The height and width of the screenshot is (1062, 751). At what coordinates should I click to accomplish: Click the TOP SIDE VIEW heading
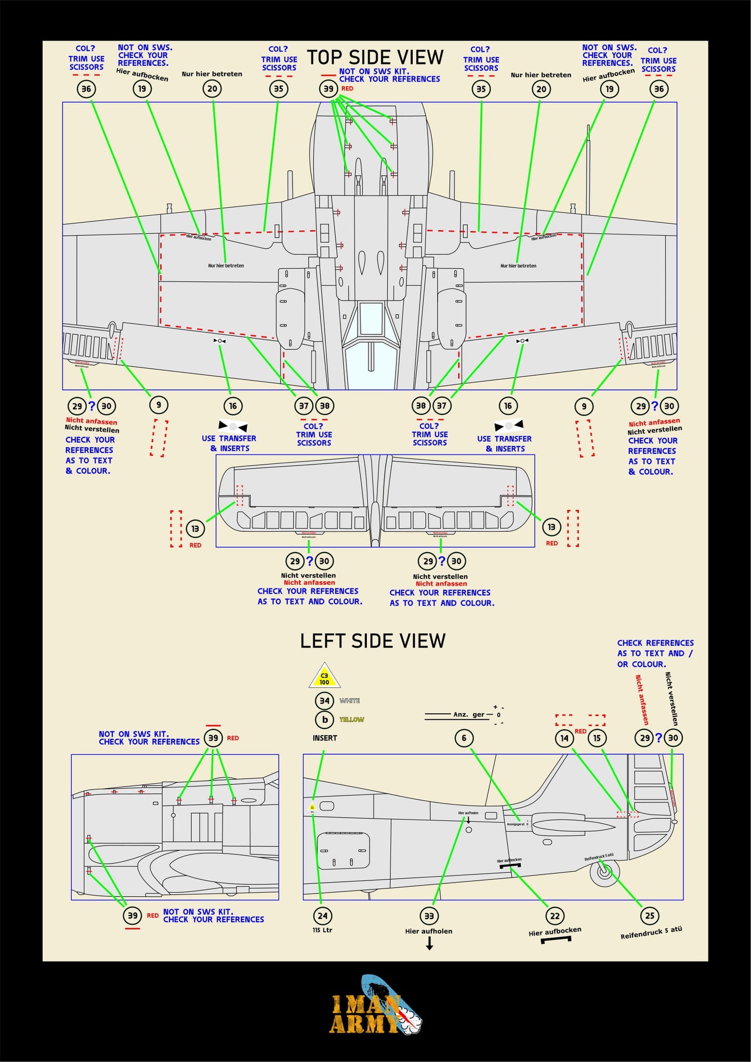375,57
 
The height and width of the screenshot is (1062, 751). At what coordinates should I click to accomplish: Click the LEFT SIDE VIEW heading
373,641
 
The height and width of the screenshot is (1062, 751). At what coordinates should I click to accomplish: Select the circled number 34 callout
324,701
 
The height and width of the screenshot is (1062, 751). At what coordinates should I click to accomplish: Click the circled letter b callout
324,719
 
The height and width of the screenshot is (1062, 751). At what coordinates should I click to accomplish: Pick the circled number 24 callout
323,916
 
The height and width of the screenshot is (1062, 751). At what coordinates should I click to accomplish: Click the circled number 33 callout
429,916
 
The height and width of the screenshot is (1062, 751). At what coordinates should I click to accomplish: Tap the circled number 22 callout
555,916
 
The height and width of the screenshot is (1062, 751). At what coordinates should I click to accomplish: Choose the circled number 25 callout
650,915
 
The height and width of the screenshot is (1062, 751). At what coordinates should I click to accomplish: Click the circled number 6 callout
464,738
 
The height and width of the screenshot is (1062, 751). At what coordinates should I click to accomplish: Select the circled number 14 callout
564,738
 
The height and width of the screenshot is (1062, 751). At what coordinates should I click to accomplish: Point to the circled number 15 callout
597,738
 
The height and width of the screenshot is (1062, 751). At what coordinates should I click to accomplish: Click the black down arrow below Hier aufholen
429,944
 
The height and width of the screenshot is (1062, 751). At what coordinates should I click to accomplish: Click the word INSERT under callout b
325,738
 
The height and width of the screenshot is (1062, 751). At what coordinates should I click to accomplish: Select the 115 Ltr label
322,930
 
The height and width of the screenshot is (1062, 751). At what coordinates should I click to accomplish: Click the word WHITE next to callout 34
350,701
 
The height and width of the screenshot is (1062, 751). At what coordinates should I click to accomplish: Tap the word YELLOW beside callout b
351,719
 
